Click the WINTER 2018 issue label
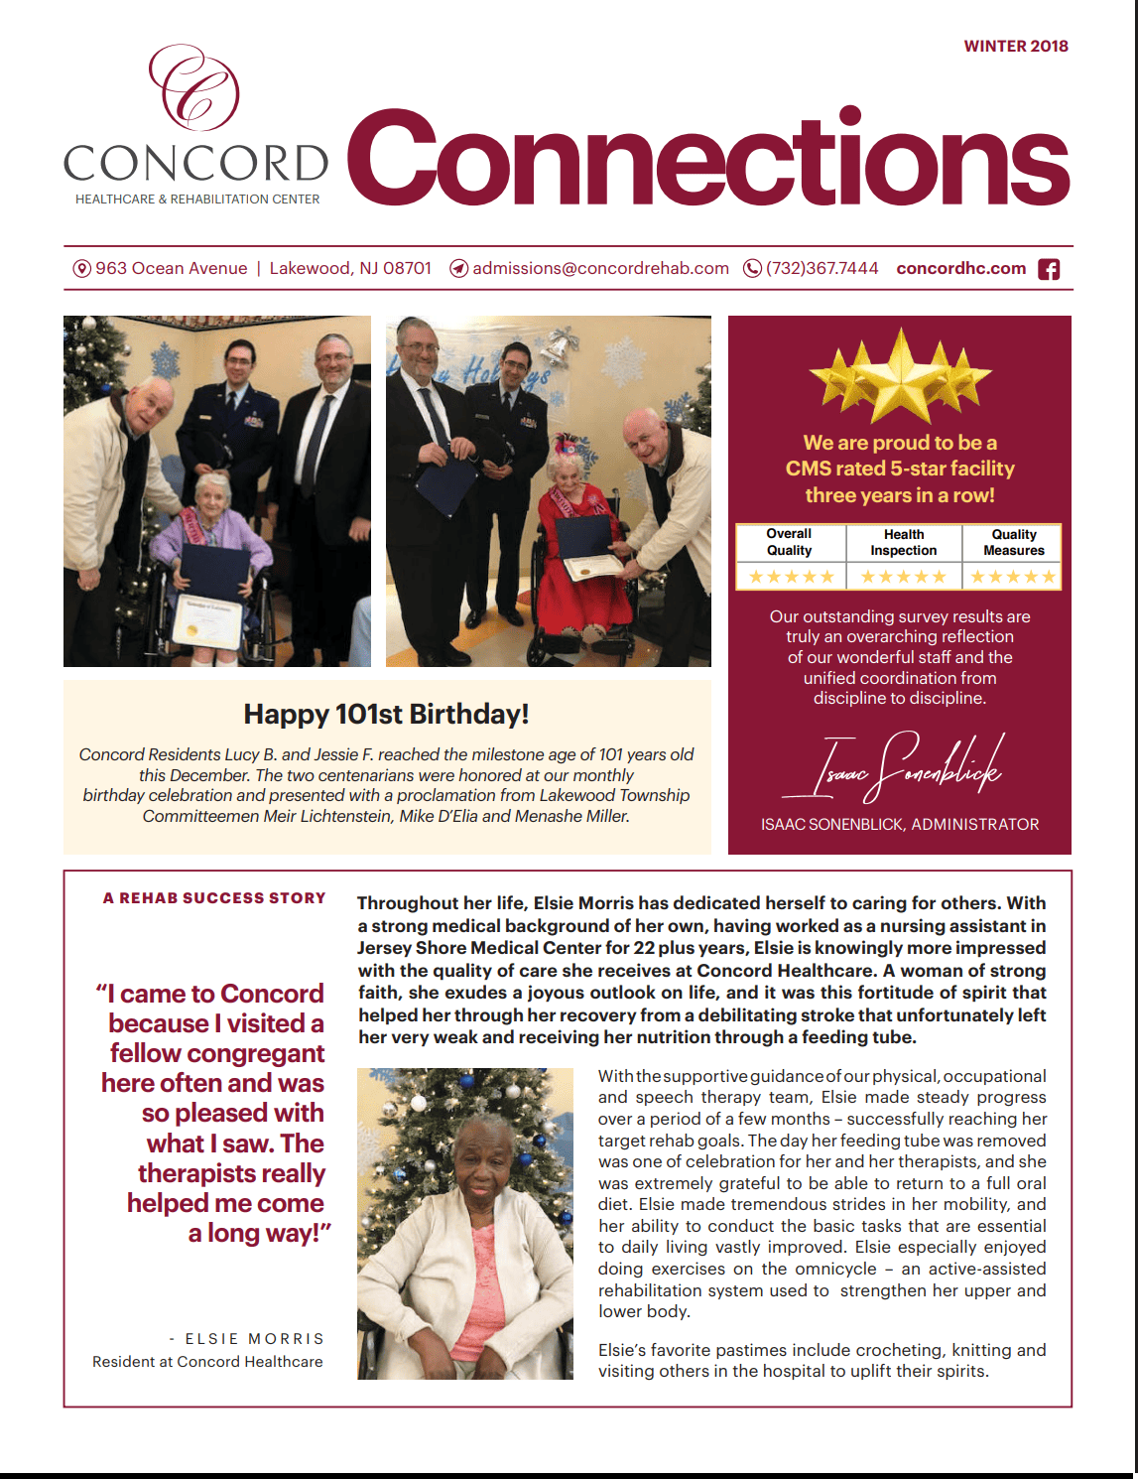[1016, 46]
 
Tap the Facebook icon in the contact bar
[1048, 269]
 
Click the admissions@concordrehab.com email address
[600, 268]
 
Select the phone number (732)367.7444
[822, 268]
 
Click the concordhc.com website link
[960, 268]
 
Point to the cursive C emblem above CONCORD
[194, 88]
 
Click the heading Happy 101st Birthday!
[386, 714]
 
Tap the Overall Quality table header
[789, 542]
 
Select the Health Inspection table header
[903, 542]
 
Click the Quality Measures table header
[1013, 542]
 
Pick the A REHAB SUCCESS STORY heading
[214, 898]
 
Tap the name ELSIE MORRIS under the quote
[254, 1339]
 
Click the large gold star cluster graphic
[900, 375]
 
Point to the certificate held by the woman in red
[593, 567]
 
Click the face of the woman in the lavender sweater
[210, 496]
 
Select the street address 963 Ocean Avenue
[171, 268]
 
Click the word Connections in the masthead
[707, 159]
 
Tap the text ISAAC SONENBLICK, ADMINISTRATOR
[900, 824]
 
